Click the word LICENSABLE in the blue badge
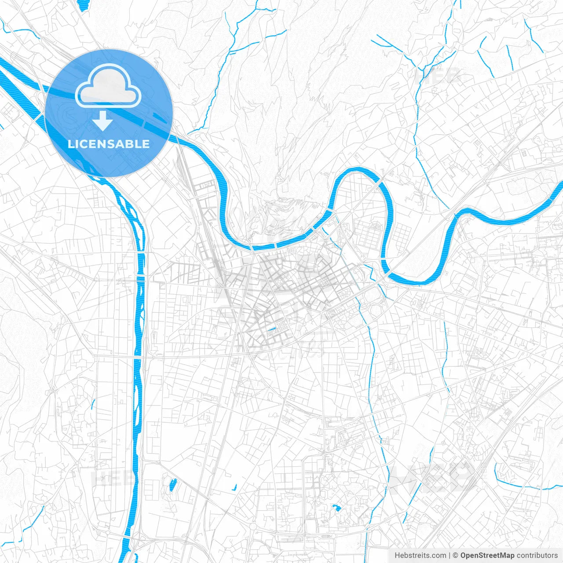(109, 144)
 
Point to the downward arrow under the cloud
(103, 121)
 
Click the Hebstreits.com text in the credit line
(420, 556)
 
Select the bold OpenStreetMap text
(487, 556)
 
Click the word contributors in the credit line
(537, 556)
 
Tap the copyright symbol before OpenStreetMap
(456, 556)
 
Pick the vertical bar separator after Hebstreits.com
(450, 556)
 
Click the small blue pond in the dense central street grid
(272, 329)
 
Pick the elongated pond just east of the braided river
(172, 485)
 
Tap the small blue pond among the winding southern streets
(337, 508)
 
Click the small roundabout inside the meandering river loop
(352, 211)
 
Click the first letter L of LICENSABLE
(70, 144)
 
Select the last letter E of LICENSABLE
(146, 144)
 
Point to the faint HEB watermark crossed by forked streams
(438, 76)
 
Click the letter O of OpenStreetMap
(464, 556)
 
